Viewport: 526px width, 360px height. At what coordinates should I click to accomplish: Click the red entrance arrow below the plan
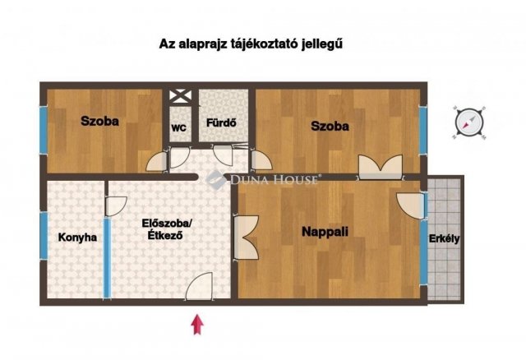197,324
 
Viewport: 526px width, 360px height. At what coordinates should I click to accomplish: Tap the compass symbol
469,122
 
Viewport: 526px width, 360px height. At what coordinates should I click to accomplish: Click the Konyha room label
77,238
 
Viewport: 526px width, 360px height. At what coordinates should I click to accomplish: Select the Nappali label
325,232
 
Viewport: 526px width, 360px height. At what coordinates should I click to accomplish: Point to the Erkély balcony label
444,238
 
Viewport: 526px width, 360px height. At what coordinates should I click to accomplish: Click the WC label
179,128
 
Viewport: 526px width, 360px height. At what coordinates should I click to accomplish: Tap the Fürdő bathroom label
221,122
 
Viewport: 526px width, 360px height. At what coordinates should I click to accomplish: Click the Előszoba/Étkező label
166,228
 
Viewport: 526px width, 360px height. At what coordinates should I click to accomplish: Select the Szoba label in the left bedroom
99,121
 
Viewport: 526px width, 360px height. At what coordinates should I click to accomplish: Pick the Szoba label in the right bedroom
330,126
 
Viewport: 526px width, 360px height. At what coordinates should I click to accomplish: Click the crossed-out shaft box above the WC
180,96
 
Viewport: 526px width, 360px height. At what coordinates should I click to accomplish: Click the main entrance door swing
199,286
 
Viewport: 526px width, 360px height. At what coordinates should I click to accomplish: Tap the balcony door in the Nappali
411,205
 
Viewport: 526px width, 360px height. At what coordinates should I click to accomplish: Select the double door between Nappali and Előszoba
246,238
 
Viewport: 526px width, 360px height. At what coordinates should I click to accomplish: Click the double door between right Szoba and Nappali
381,167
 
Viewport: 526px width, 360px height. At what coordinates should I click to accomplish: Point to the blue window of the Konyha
44,236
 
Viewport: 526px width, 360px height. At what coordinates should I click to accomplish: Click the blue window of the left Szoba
44,130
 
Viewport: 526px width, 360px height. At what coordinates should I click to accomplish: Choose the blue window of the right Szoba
423,131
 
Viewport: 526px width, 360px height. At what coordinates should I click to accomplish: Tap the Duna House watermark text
275,180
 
